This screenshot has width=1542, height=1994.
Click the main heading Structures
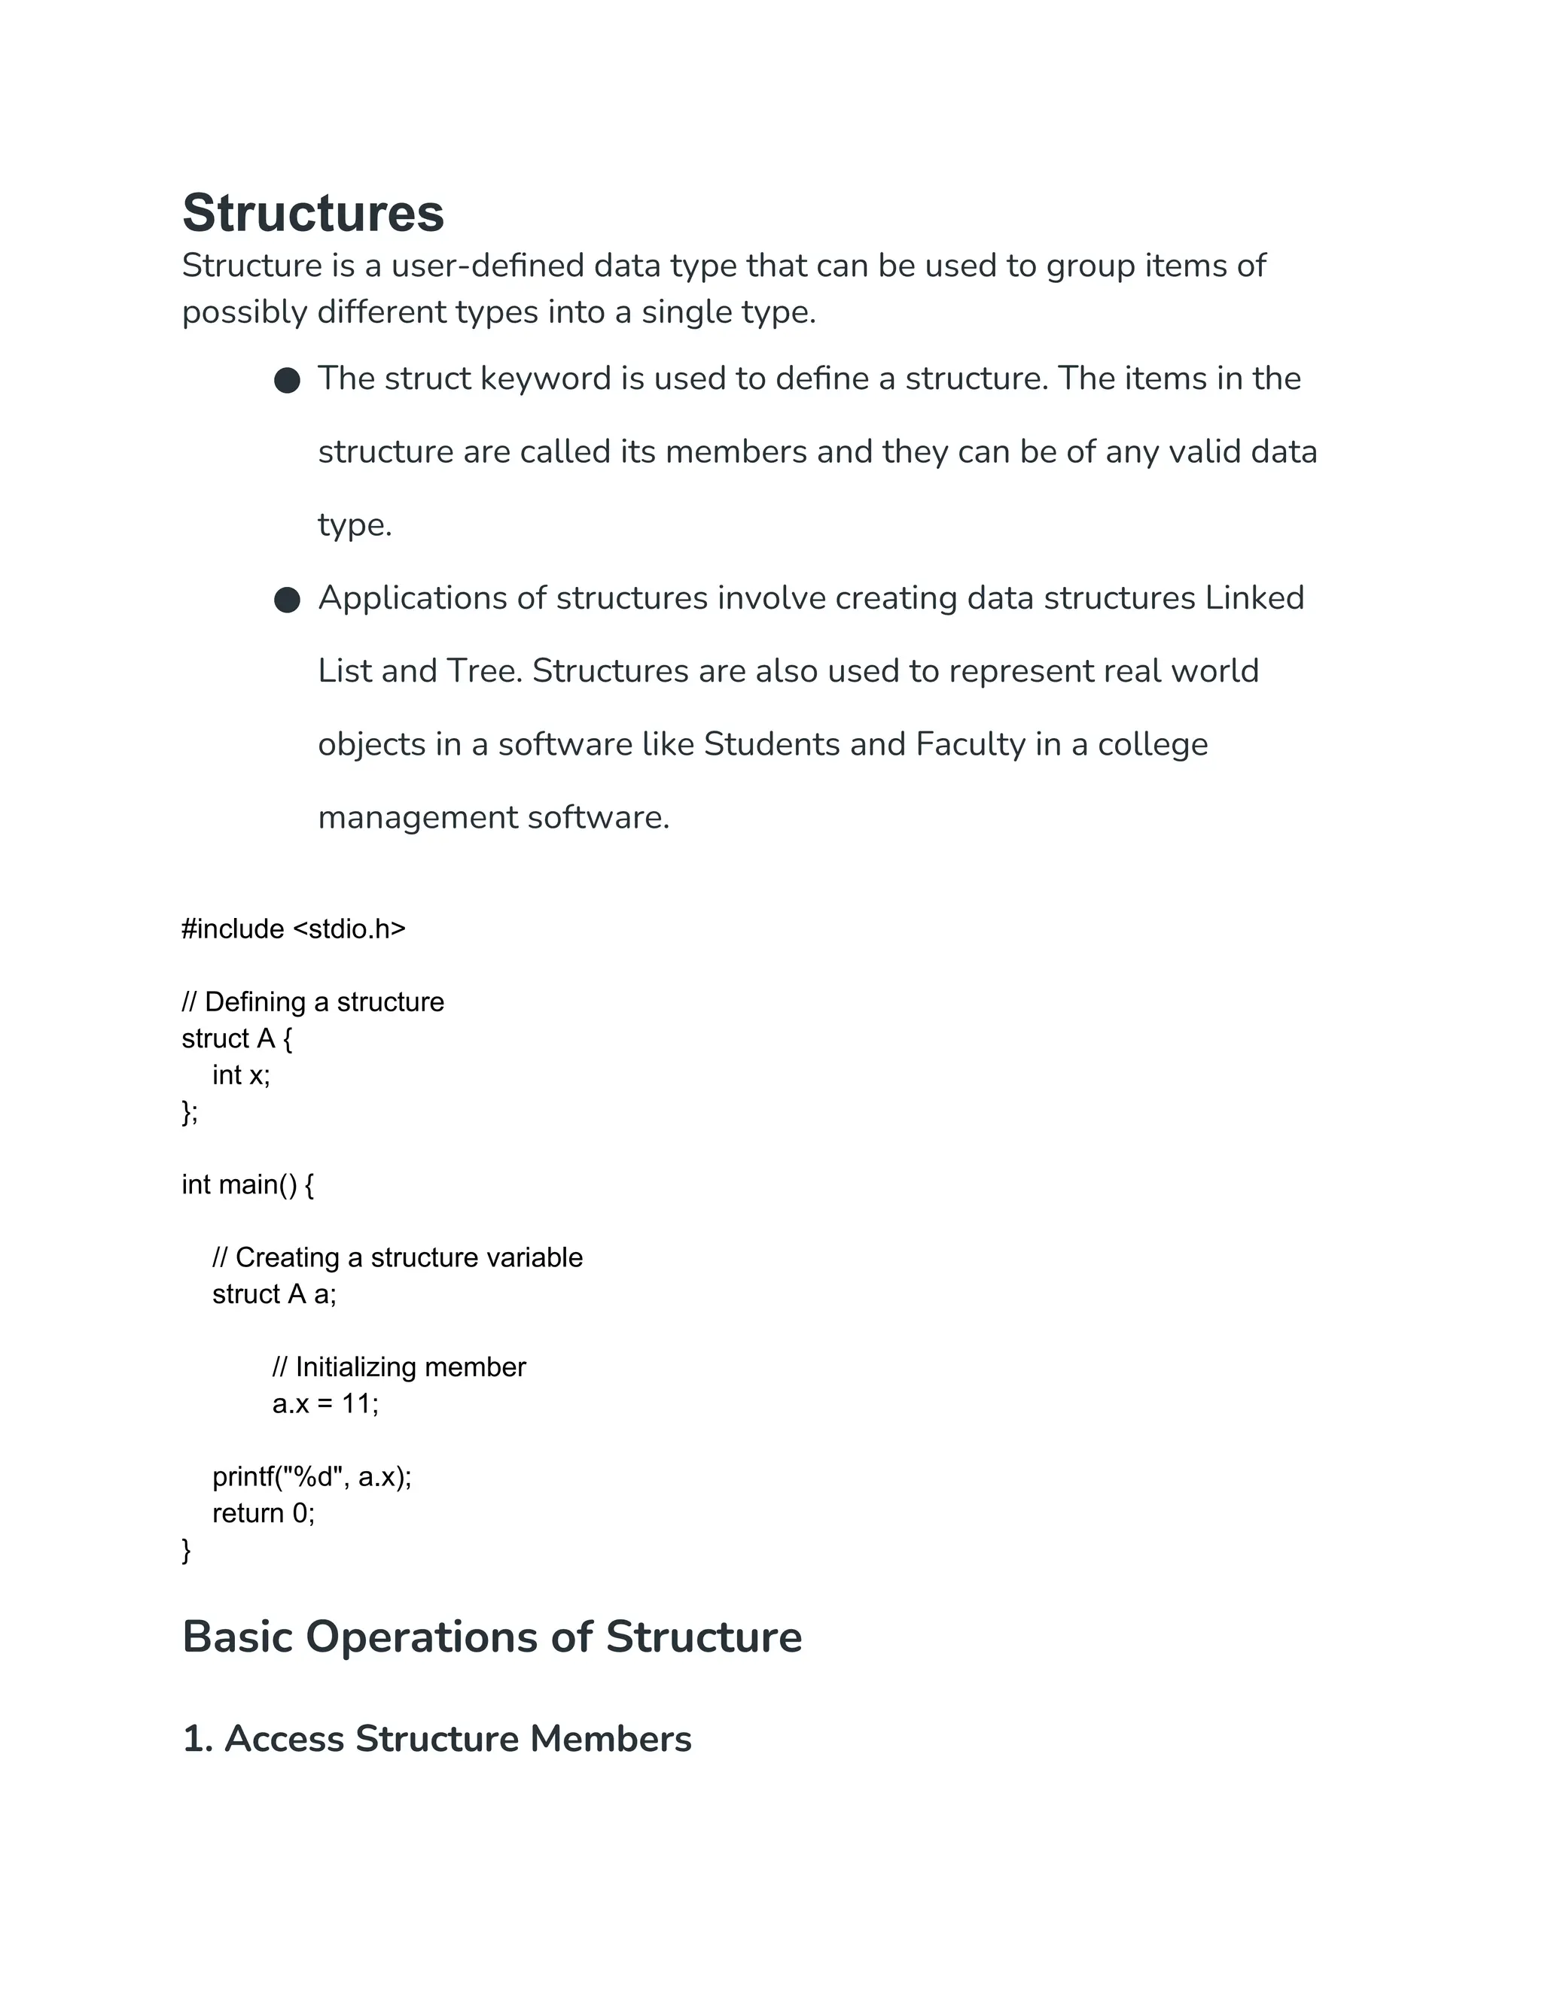(312, 214)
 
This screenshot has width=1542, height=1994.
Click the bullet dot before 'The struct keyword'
(287, 381)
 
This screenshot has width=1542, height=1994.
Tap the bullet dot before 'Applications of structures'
(287, 600)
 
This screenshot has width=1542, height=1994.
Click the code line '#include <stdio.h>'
(293, 929)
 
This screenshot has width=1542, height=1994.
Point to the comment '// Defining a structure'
(312, 1002)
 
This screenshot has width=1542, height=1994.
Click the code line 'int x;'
(241, 1075)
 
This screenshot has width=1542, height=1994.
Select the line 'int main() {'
(248, 1185)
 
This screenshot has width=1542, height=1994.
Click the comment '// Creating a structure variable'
(398, 1258)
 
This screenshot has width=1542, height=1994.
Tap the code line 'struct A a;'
(274, 1295)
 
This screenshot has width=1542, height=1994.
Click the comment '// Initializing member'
(399, 1368)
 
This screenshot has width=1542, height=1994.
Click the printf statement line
(312, 1477)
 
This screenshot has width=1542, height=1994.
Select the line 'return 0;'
(263, 1514)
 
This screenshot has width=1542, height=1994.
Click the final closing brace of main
(187, 1550)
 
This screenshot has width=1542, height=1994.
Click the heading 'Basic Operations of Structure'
(492, 1637)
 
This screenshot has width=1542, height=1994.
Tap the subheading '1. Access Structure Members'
(437, 1739)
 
